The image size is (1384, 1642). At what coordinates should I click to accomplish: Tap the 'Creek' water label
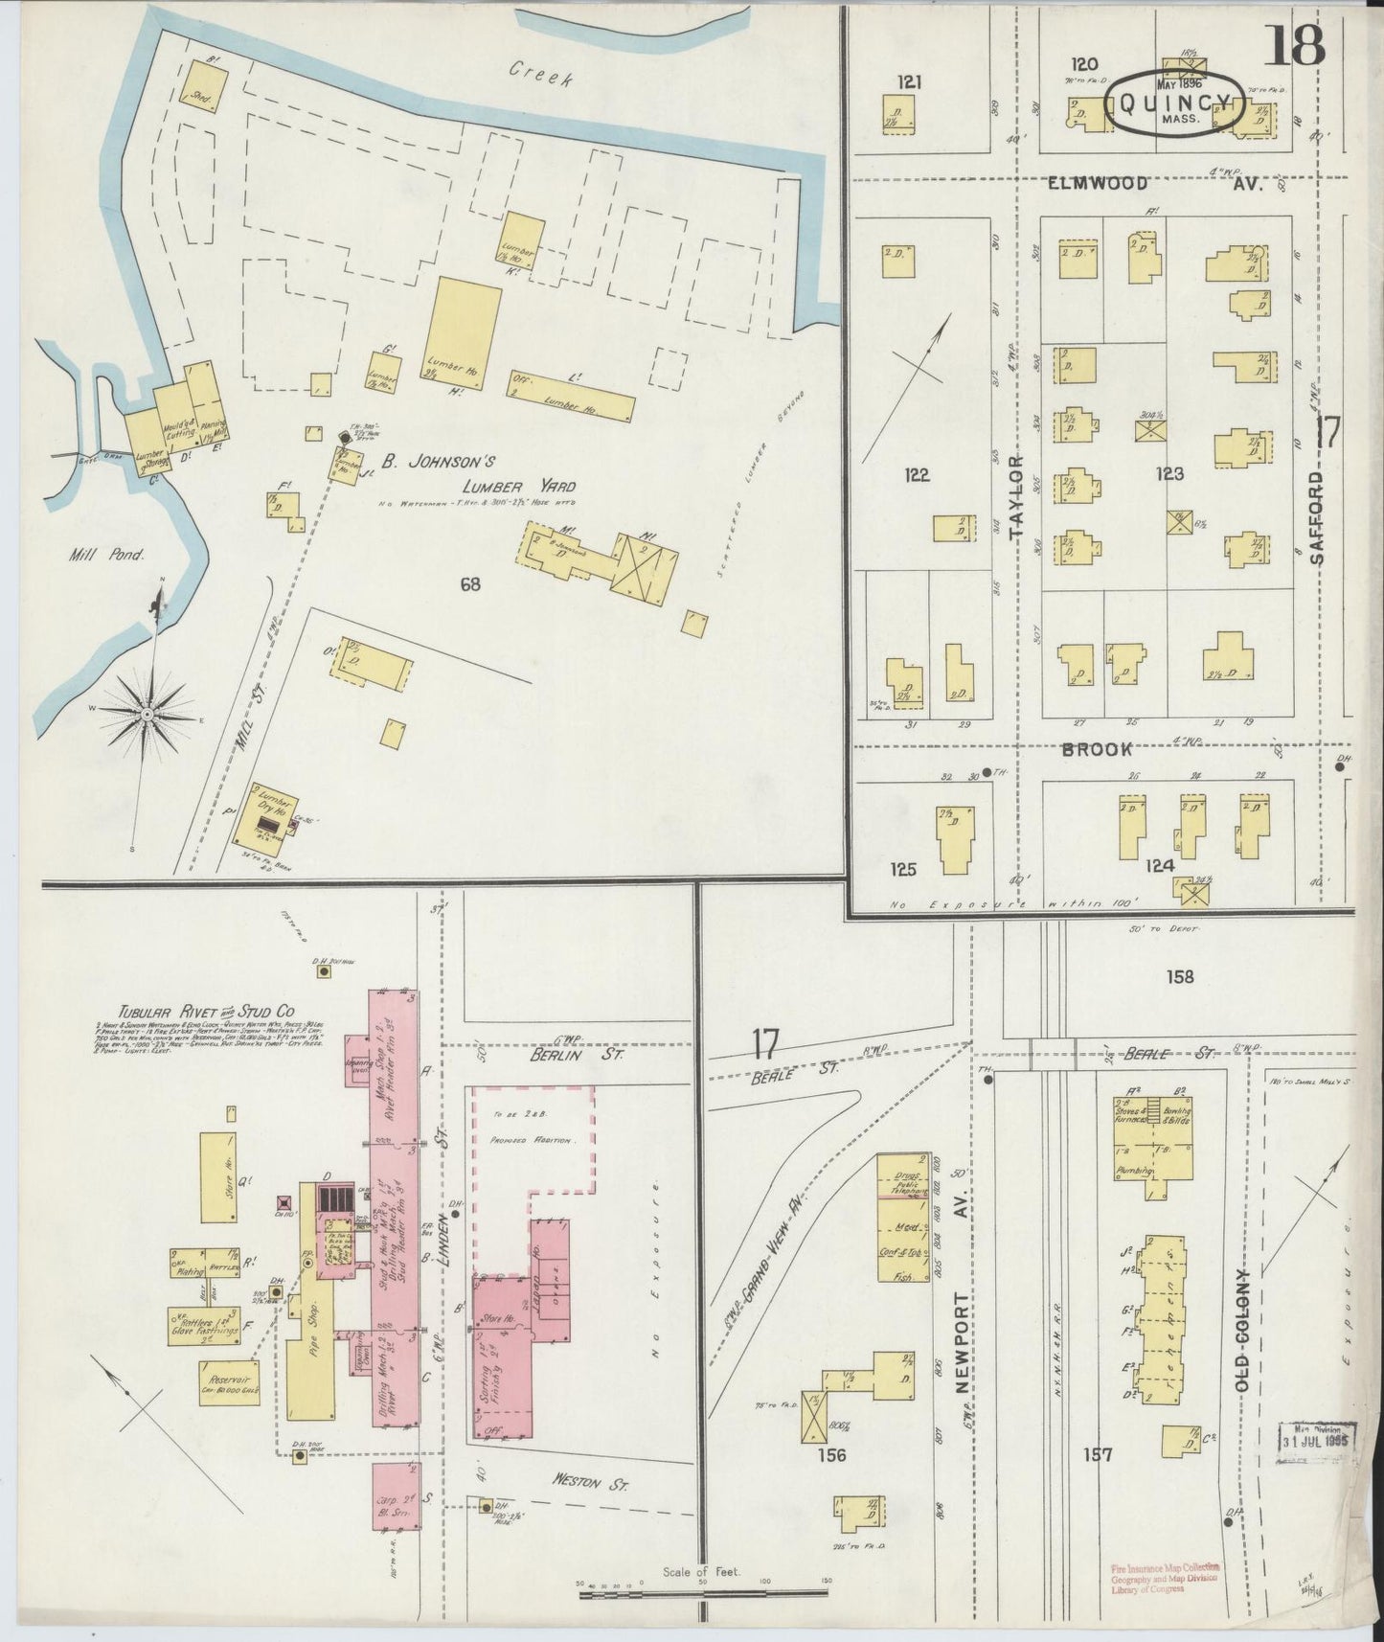(541, 74)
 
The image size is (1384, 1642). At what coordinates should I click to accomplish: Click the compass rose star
(148, 714)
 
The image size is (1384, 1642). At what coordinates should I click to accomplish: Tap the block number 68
(469, 583)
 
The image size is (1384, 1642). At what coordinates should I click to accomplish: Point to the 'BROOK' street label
(1096, 749)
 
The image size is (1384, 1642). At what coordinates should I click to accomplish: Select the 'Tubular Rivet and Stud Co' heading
(206, 1012)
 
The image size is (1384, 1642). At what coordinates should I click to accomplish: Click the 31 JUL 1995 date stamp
(1320, 1438)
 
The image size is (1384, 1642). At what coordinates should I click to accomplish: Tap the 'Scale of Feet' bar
(702, 1591)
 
